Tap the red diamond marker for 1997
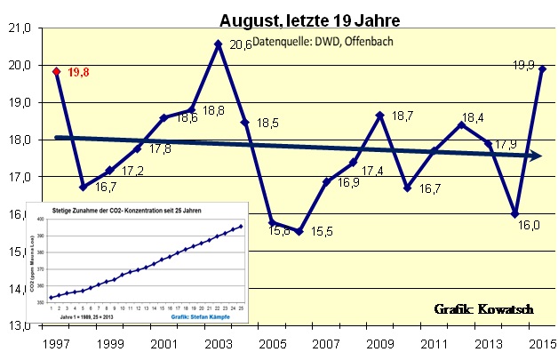[56, 72]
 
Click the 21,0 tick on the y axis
[19, 28]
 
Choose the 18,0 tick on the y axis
[19, 140]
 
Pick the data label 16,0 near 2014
[530, 226]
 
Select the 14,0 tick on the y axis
[19, 288]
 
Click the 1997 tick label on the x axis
[56, 342]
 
